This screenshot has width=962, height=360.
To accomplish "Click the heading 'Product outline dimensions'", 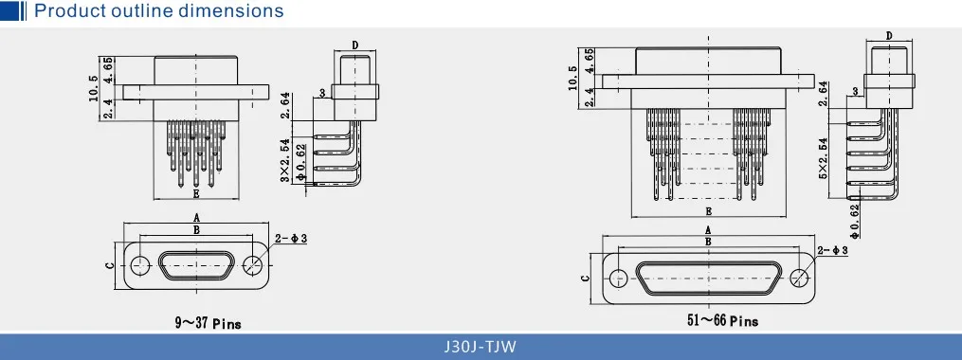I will coord(158,11).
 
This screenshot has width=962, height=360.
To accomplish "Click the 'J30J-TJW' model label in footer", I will coord(481,346).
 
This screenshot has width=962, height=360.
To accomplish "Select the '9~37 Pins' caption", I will coord(208,323).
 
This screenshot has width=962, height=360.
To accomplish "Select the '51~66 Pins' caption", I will coord(722,321).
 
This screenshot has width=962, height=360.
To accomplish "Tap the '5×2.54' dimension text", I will coord(824,157).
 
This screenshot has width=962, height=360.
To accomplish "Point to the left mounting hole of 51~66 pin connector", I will coord(618,278).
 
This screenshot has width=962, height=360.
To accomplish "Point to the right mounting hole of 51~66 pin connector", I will coord(801,278).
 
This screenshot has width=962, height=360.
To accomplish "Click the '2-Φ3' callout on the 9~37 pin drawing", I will coord(291,239).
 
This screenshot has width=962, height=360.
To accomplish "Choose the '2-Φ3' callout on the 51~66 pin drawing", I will coord(832,250).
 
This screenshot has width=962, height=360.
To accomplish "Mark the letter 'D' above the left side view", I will coord(354,45).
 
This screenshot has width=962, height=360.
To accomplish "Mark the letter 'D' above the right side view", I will coord(889,36).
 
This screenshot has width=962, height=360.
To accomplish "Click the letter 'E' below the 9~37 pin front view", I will coord(195,194).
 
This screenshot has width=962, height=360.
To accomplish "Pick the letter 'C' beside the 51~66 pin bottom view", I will coord(586,278).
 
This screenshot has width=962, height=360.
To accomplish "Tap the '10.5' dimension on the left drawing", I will coord(92,88).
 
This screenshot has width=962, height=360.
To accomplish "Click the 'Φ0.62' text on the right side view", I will coord(853,220).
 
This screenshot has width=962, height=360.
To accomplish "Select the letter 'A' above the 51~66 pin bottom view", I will coord(708,230).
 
